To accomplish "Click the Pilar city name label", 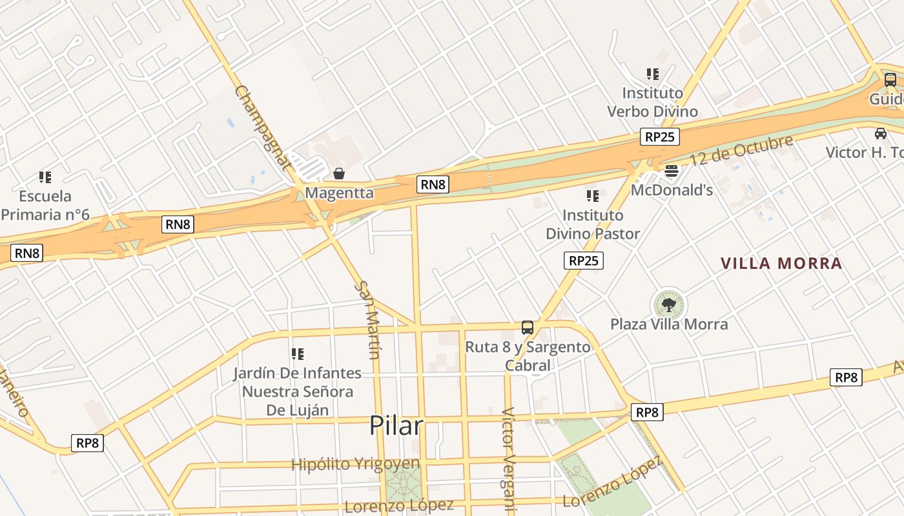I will tap(396, 426).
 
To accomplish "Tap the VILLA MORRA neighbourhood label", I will tap(781, 263).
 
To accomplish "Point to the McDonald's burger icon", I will tap(672, 171).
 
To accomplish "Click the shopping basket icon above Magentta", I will tap(338, 174).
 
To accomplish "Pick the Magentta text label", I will tap(339, 193).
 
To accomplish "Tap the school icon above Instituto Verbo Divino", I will tap(653, 74).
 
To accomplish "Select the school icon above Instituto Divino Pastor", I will tap(592, 195).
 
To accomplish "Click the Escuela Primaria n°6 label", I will tap(45, 205).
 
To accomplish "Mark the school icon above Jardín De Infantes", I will tap(297, 353).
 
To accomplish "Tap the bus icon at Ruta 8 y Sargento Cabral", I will tap(528, 328).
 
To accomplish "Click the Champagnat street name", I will tap(263, 127).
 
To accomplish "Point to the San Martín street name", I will tap(367, 319).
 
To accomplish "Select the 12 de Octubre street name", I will tap(741, 150).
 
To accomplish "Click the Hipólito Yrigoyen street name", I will tap(355, 464).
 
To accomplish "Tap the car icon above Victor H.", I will tap(880, 134).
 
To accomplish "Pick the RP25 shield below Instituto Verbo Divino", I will tap(660, 137).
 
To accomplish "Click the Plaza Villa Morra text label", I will tap(669, 324).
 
